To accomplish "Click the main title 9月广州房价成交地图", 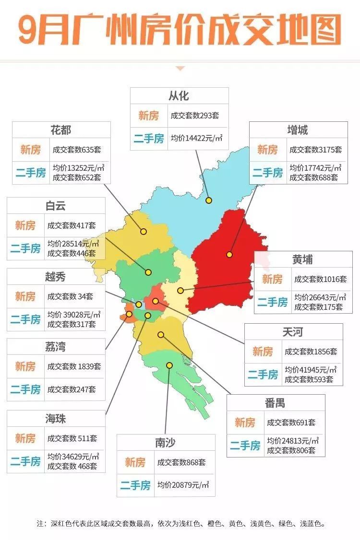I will [x=180, y=30].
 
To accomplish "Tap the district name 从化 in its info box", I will [x=179, y=96].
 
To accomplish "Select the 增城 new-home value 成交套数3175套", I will [x=315, y=150].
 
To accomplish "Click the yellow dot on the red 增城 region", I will [x=230, y=255].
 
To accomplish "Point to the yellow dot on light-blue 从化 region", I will [x=209, y=200].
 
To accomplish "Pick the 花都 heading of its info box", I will [x=60, y=130].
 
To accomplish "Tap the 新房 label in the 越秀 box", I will [x=25, y=296].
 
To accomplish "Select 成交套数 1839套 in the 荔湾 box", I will [x=74, y=367].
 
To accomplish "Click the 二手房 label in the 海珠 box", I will [x=25, y=462].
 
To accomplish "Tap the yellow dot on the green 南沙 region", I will [x=169, y=365].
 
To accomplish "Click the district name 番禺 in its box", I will [x=275, y=403].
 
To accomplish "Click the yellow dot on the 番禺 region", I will [x=161, y=334].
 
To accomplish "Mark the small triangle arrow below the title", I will [x=180, y=69].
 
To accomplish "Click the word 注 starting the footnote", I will [x=40, y=524].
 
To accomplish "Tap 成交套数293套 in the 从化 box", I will [x=195, y=116].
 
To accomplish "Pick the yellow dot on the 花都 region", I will [x=144, y=231].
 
